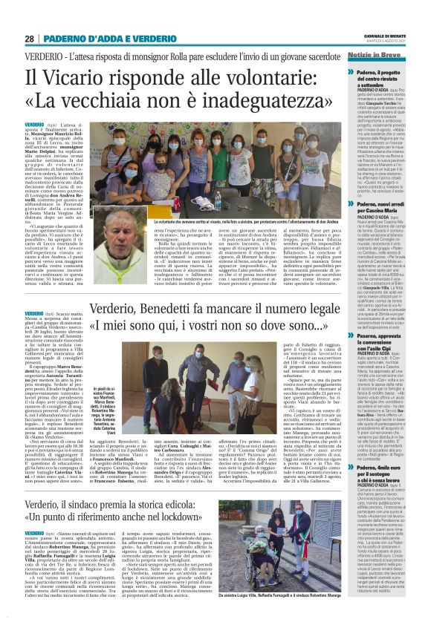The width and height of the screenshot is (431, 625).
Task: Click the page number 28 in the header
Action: pyautogui.click(x=30, y=39)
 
